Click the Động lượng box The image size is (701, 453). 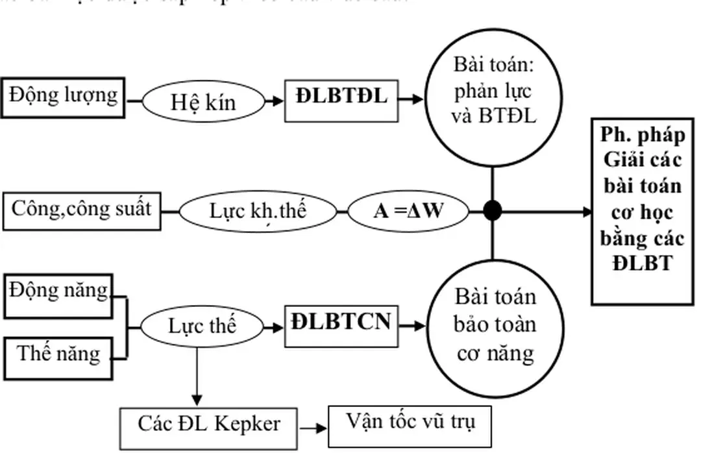point(63,97)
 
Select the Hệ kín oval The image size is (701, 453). point(203,102)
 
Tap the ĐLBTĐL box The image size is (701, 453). point(341,98)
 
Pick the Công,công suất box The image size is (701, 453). point(82,210)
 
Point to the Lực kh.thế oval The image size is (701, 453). point(257,212)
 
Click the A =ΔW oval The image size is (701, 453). point(408,211)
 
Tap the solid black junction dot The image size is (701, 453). point(493,210)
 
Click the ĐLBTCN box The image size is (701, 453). point(341,323)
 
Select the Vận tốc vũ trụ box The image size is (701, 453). point(410,424)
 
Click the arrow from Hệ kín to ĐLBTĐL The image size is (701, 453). point(275,101)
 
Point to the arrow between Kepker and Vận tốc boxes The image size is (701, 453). point(313,428)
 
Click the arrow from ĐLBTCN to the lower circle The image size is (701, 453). point(413,326)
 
